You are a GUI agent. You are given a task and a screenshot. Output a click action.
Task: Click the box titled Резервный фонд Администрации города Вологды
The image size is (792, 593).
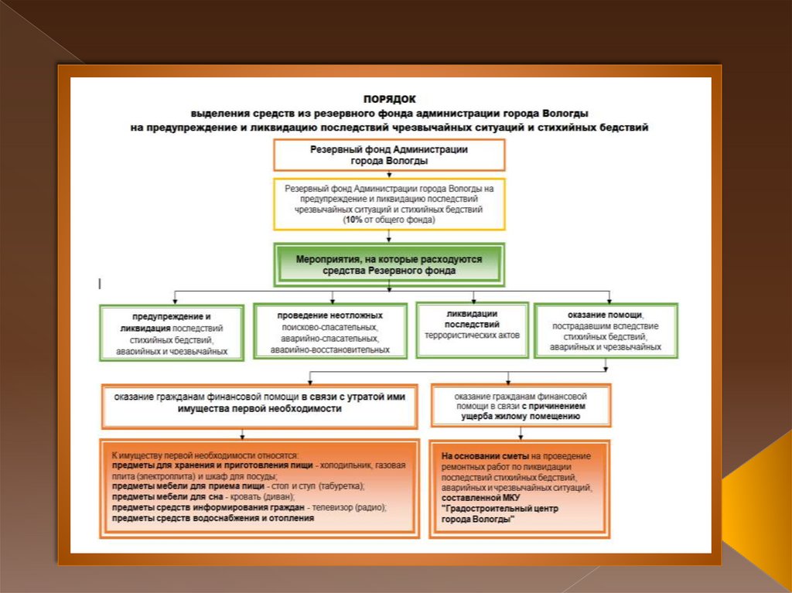388,155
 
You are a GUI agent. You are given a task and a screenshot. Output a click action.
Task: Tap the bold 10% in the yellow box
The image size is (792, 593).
353,220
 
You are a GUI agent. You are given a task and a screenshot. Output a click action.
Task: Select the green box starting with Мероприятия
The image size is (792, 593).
388,265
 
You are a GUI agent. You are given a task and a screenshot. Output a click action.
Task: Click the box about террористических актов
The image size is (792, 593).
472,329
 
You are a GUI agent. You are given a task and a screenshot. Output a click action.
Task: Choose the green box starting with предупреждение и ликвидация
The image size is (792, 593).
172,332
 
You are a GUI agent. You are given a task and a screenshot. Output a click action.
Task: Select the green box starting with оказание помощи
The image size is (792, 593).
606,331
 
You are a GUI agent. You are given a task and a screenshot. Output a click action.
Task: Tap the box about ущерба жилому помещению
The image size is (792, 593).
521,404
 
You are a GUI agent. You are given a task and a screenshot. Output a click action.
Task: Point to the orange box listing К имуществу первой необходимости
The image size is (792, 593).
259,488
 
